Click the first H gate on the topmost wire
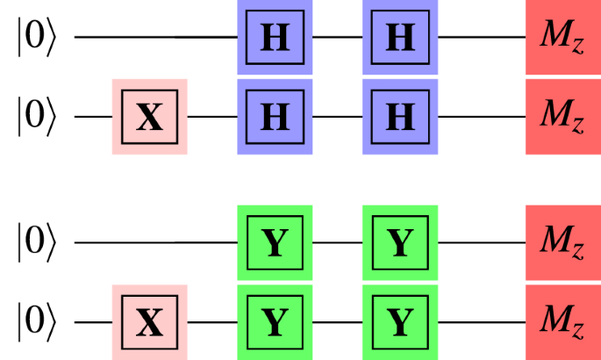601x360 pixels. [275, 38]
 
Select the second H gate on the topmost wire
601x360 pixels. [400, 38]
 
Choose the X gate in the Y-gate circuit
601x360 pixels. [150, 322]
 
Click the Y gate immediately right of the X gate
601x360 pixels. [275, 322]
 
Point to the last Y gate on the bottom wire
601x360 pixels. [400, 322]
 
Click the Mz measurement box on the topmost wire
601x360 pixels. [562, 38]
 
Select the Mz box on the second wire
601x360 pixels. [562, 116]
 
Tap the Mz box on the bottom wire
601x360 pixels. [562, 321]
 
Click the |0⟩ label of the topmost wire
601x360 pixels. [36, 39]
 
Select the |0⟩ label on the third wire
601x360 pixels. [36, 243]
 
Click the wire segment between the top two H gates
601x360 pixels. [338, 38]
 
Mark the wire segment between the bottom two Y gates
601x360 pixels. [338, 322]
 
